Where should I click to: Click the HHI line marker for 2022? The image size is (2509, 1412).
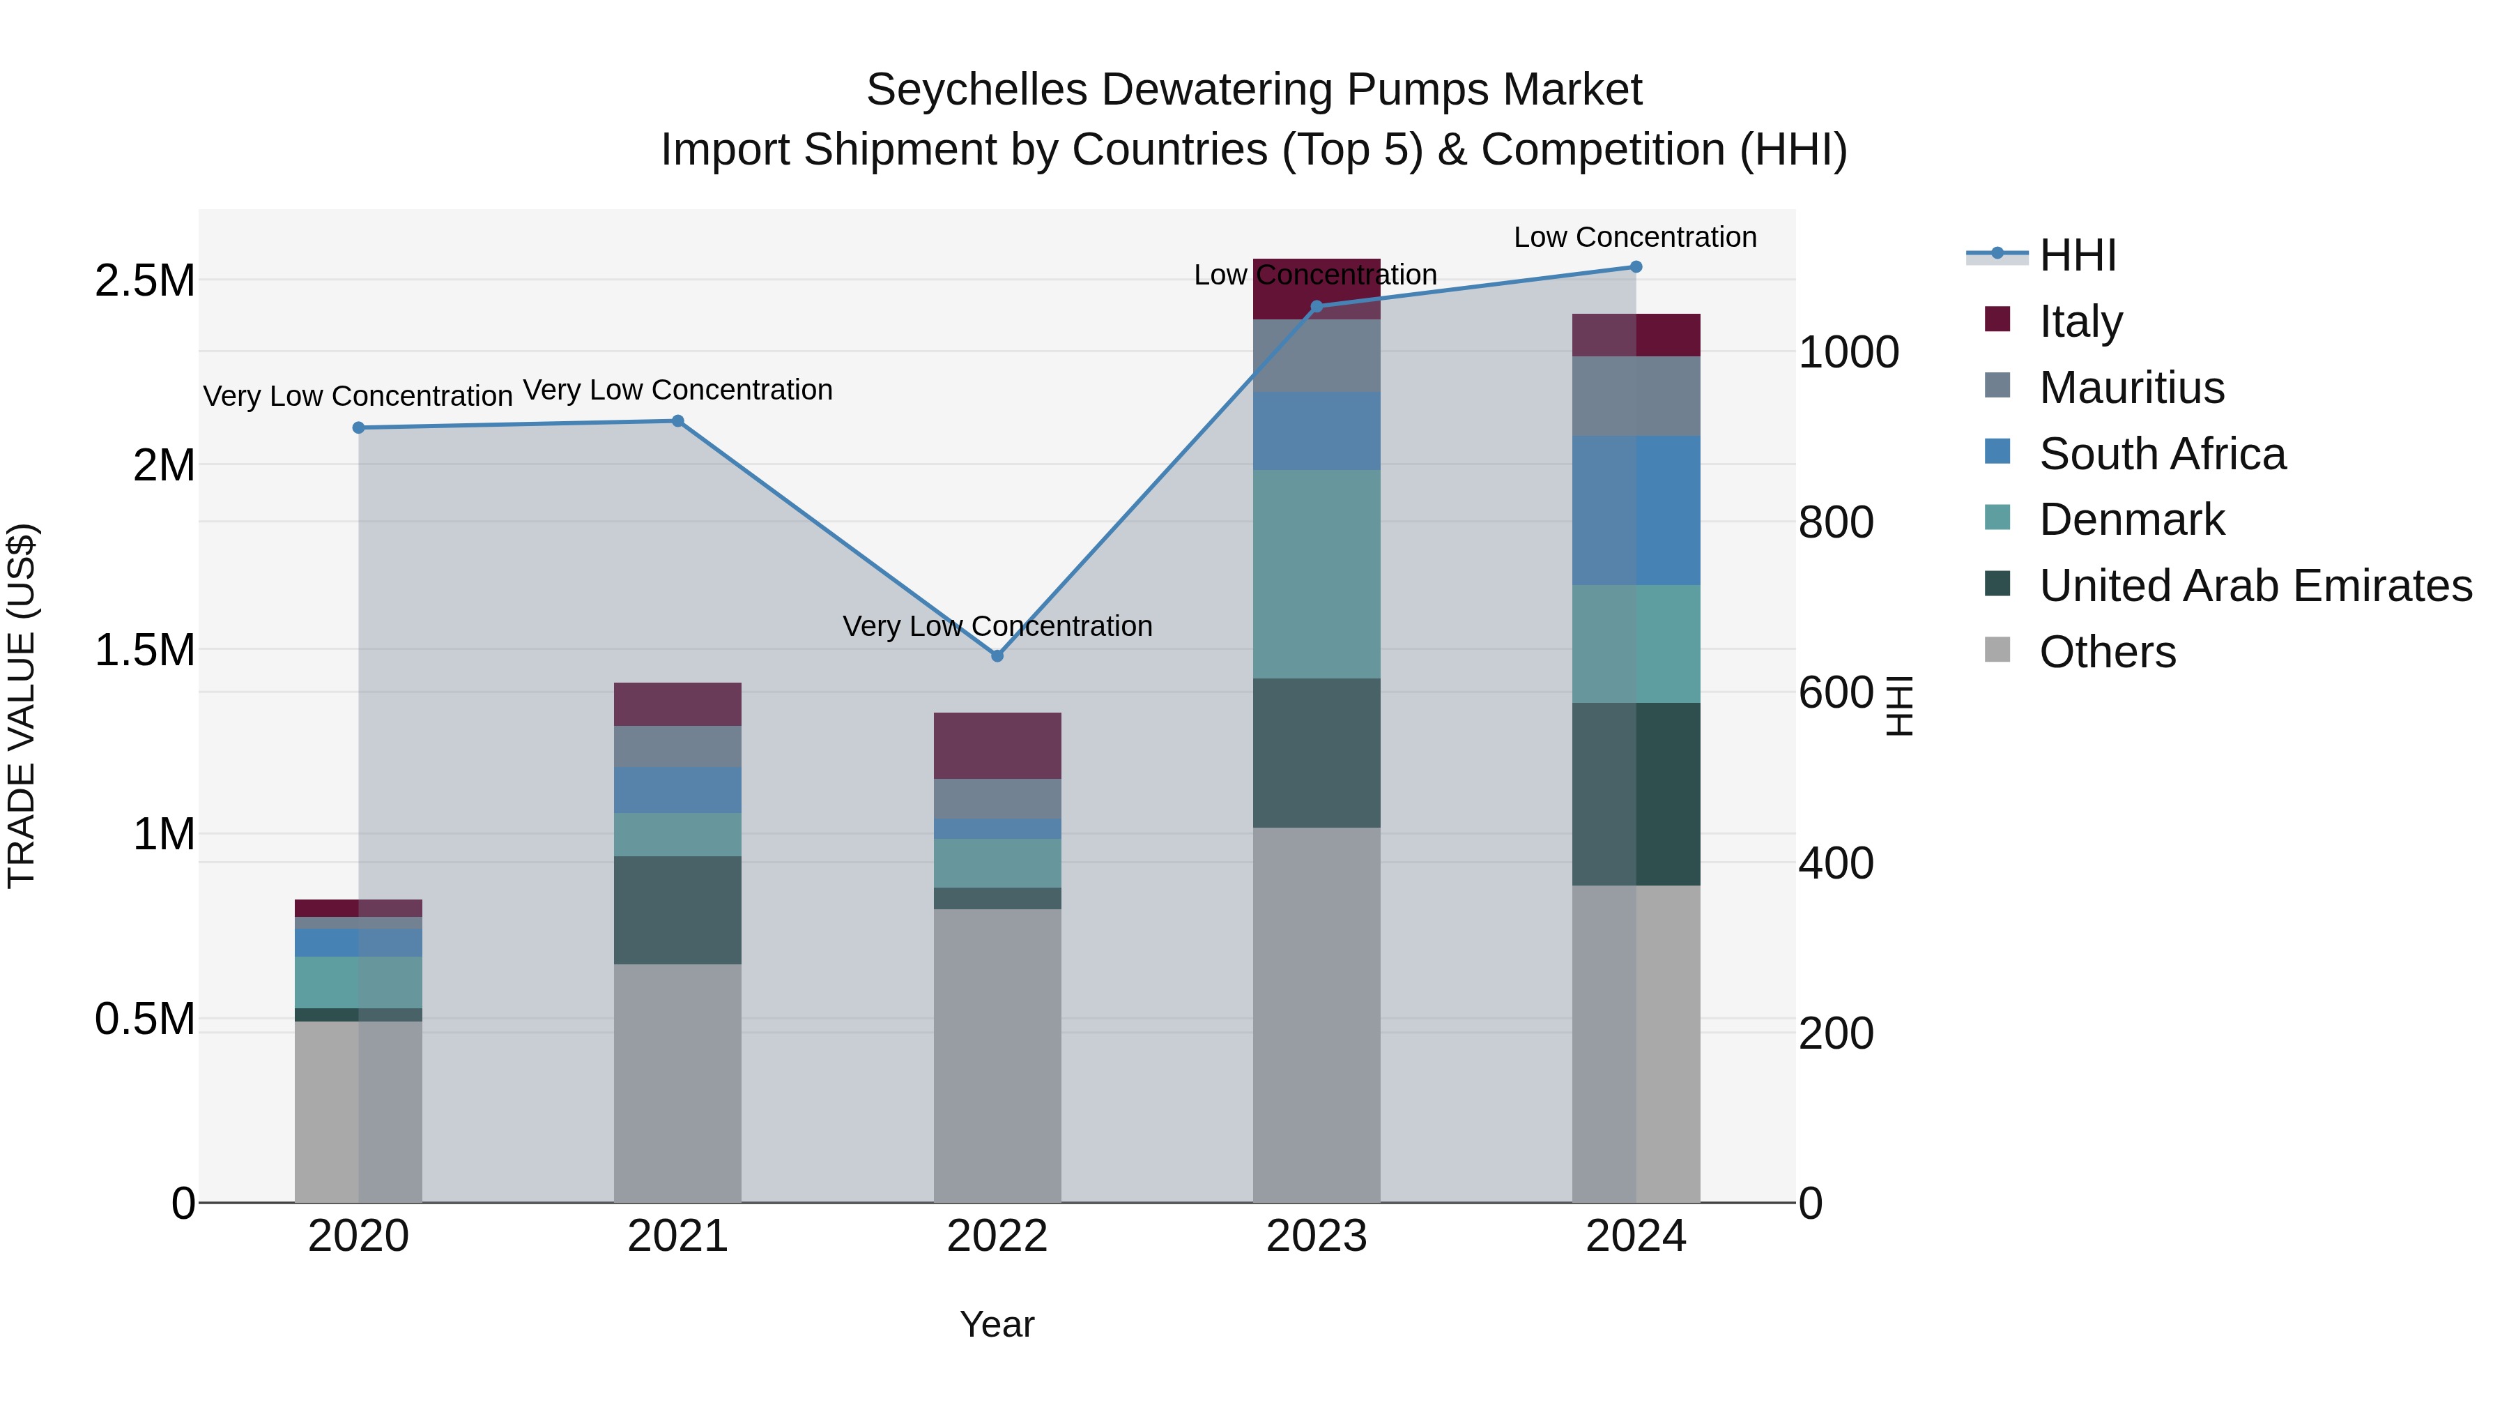click(x=997, y=656)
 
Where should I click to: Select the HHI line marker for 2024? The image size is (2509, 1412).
click(x=1635, y=267)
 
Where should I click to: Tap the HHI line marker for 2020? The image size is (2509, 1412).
click(x=358, y=428)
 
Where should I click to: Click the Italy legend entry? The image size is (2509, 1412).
click(x=2080, y=321)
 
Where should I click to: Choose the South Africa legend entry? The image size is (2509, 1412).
click(x=2161, y=453)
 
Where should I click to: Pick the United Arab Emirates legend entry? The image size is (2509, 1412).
click(x=2255, y=586)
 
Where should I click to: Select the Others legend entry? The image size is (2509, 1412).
click(x=2107, y=652)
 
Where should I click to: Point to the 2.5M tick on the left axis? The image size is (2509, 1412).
click(x=144, y=280)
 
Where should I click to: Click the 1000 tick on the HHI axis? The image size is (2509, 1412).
click(x=1848, y=352)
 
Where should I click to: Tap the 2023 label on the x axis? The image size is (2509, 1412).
click(x=1316, y=1236)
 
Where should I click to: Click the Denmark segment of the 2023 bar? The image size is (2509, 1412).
click(x=1316, y=574)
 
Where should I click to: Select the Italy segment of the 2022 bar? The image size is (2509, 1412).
click(x=997, y=745)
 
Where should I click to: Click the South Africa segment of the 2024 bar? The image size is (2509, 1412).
click(x=1635, y=510)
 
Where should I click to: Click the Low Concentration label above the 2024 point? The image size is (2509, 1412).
click(x=1634, y=237)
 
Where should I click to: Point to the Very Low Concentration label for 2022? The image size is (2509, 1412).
click(x=997, y=625)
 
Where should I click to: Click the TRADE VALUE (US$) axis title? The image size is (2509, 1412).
click(x=22, y=706)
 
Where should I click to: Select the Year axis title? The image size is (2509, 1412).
click(x=997, y=1324)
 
